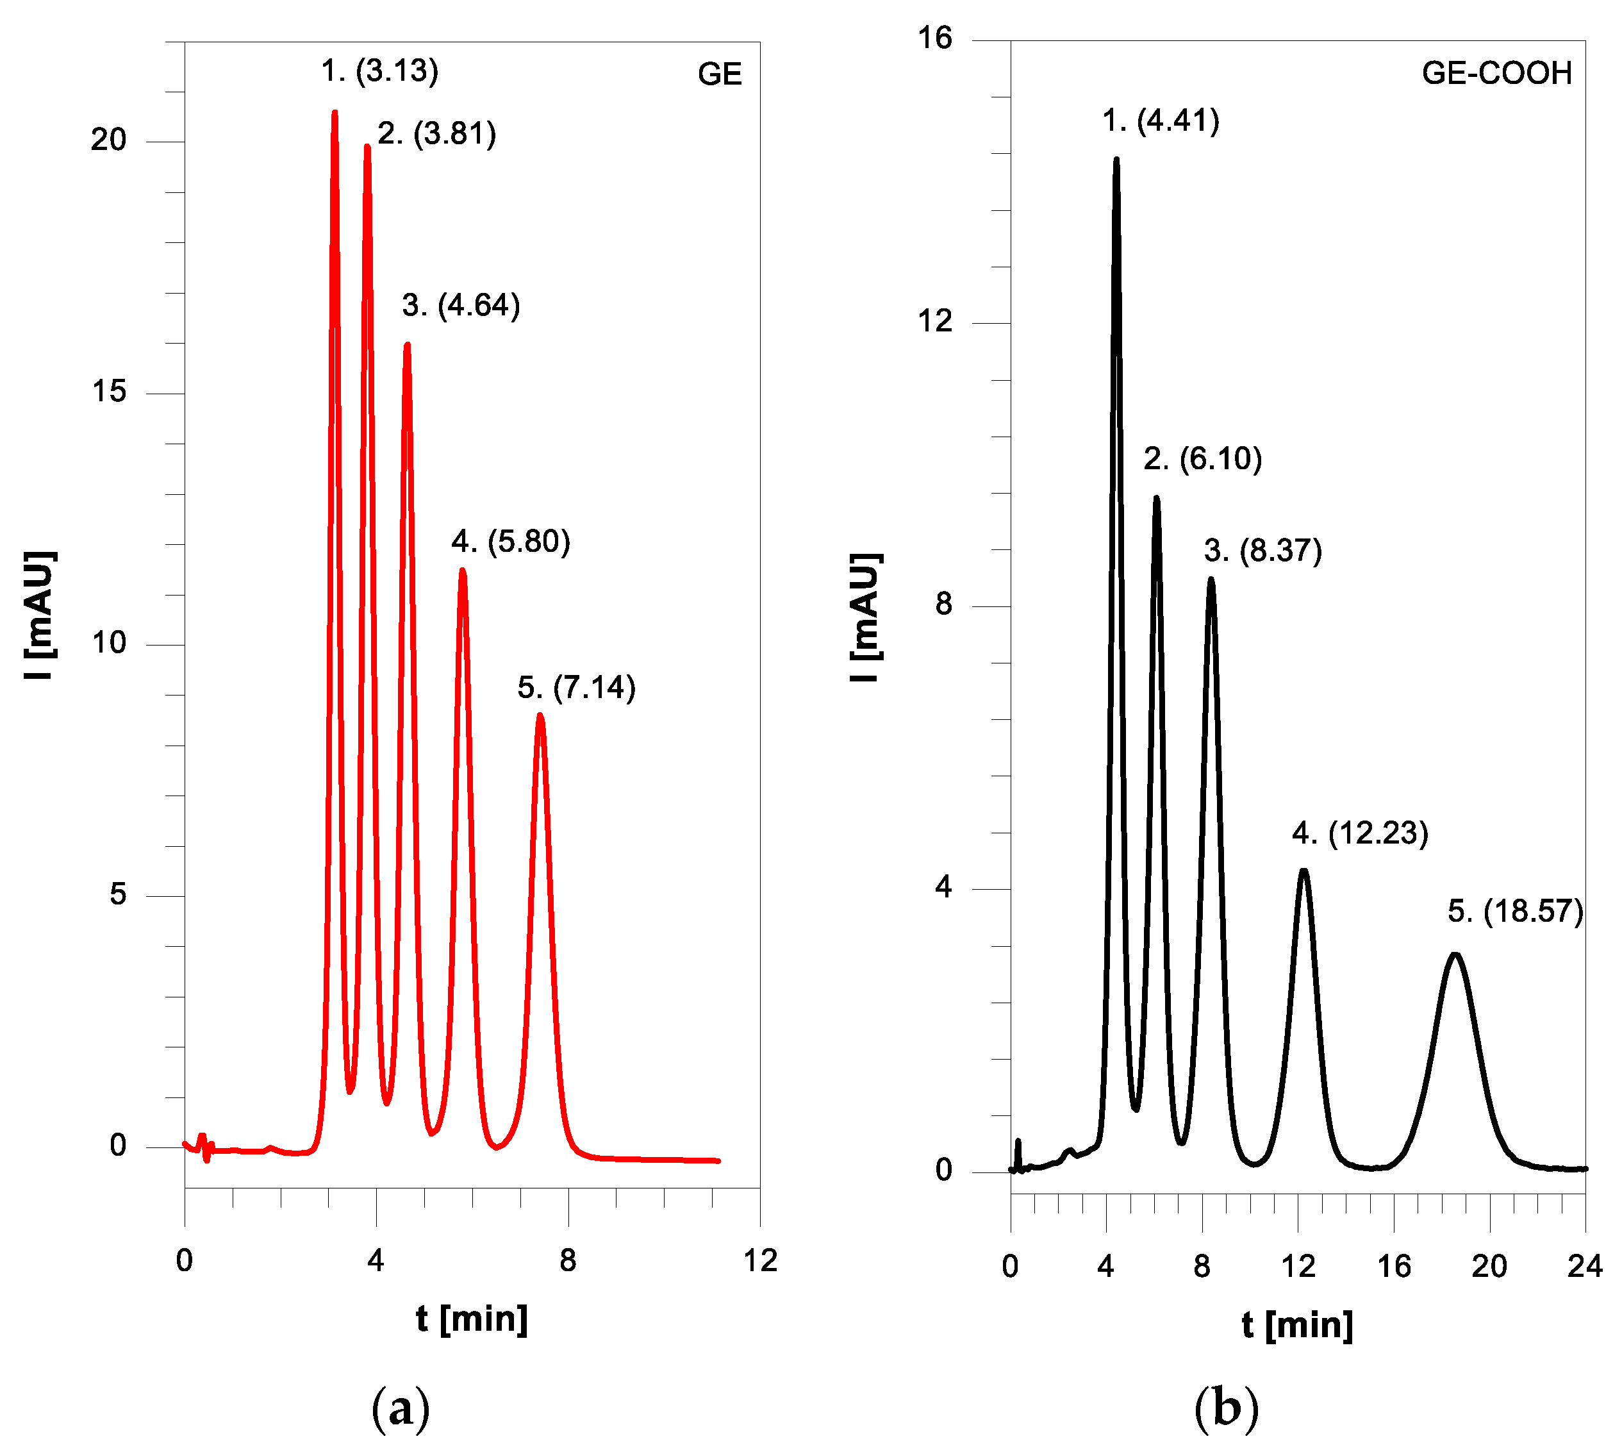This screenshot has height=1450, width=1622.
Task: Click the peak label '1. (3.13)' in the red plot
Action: [379, 71]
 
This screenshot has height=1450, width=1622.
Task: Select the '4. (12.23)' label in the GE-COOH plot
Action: [1360, 833]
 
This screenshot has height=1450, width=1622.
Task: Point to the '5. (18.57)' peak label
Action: [1515, 912]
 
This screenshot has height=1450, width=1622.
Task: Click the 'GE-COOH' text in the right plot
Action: [1496, 73]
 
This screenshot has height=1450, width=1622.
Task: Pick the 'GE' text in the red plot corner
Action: [720, 74]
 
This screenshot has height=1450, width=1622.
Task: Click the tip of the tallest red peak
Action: [335, 112]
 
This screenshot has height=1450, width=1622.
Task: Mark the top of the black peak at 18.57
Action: [1455, 954]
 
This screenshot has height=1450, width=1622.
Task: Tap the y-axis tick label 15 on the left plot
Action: [109, 391]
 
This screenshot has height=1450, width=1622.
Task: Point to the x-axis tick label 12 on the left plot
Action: [760, 1260]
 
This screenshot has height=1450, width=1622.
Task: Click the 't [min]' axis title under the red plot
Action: [472, 1319]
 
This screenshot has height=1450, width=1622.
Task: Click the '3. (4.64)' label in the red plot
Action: [461, 306]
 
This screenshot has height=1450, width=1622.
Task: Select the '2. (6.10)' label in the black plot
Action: [1202, 459]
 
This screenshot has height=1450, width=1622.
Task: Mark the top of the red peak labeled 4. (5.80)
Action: [462, 570]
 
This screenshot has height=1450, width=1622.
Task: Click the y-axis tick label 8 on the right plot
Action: [943, 604]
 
